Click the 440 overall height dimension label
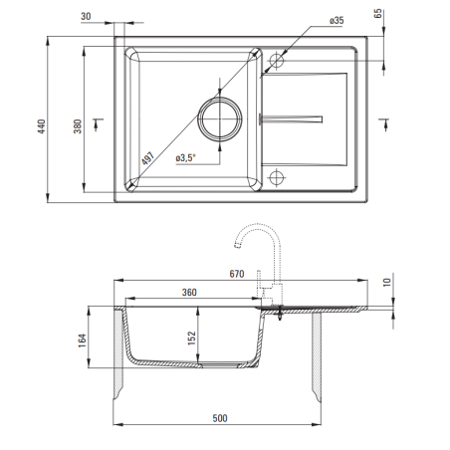tap(42, 126)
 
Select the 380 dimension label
tap(78, 126)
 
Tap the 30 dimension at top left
tap(86, 16)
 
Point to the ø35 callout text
tap(337, 21)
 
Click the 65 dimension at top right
tap(378, 14)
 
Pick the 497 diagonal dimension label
tap(147, 158)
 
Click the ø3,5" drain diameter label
tap(186, 157)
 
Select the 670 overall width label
tap(237, 274)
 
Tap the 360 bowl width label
tap(189, 293)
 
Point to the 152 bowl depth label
tap(192, 338)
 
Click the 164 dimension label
tap(83, 340)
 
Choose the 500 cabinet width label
tap(220, 418)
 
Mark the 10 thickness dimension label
tap(387, 283)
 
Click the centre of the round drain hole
tap(220, 118)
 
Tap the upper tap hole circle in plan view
tap(276, 61)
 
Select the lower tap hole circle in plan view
tap(276, 177)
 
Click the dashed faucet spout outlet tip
tap(237, 246)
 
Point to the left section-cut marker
tap(98, 124)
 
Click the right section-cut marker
tap(384, 124)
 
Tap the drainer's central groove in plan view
tap(291, 119)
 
